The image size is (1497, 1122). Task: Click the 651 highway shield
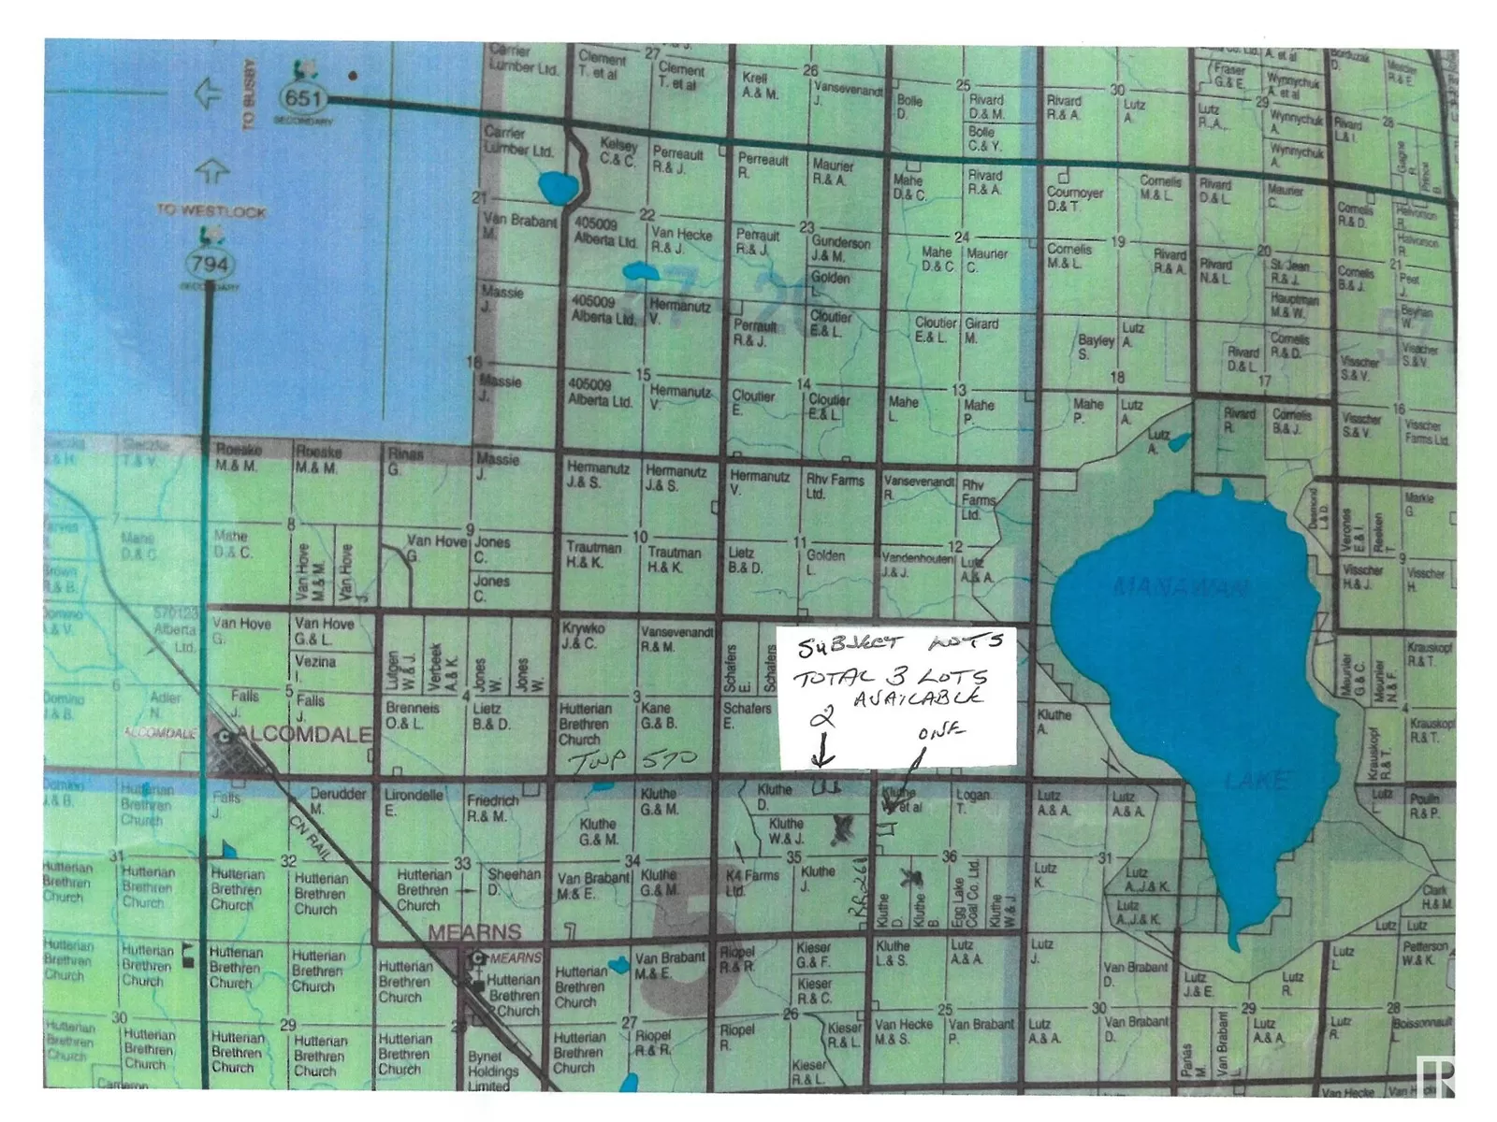click(x=302, y=97)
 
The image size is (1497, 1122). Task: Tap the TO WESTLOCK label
click(x=211, y=211)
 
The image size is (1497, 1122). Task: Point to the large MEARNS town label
click(x=474, y=932)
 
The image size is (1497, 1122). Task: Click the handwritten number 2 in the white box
click(x=821, y=717)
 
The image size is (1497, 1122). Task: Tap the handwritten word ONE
click(x=940, y=731)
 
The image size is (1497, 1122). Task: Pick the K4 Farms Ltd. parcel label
click(x=751, y=883)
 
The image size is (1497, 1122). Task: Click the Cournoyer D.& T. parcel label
click(x=1074, y=198)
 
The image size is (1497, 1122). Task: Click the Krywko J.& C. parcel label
click(x=584, y=636)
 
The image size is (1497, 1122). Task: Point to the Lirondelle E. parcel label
click(x=414, y=802)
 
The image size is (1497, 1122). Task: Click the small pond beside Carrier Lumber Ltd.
click(x=559, y=189)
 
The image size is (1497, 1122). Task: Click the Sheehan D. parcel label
click(x=513, y=881)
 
